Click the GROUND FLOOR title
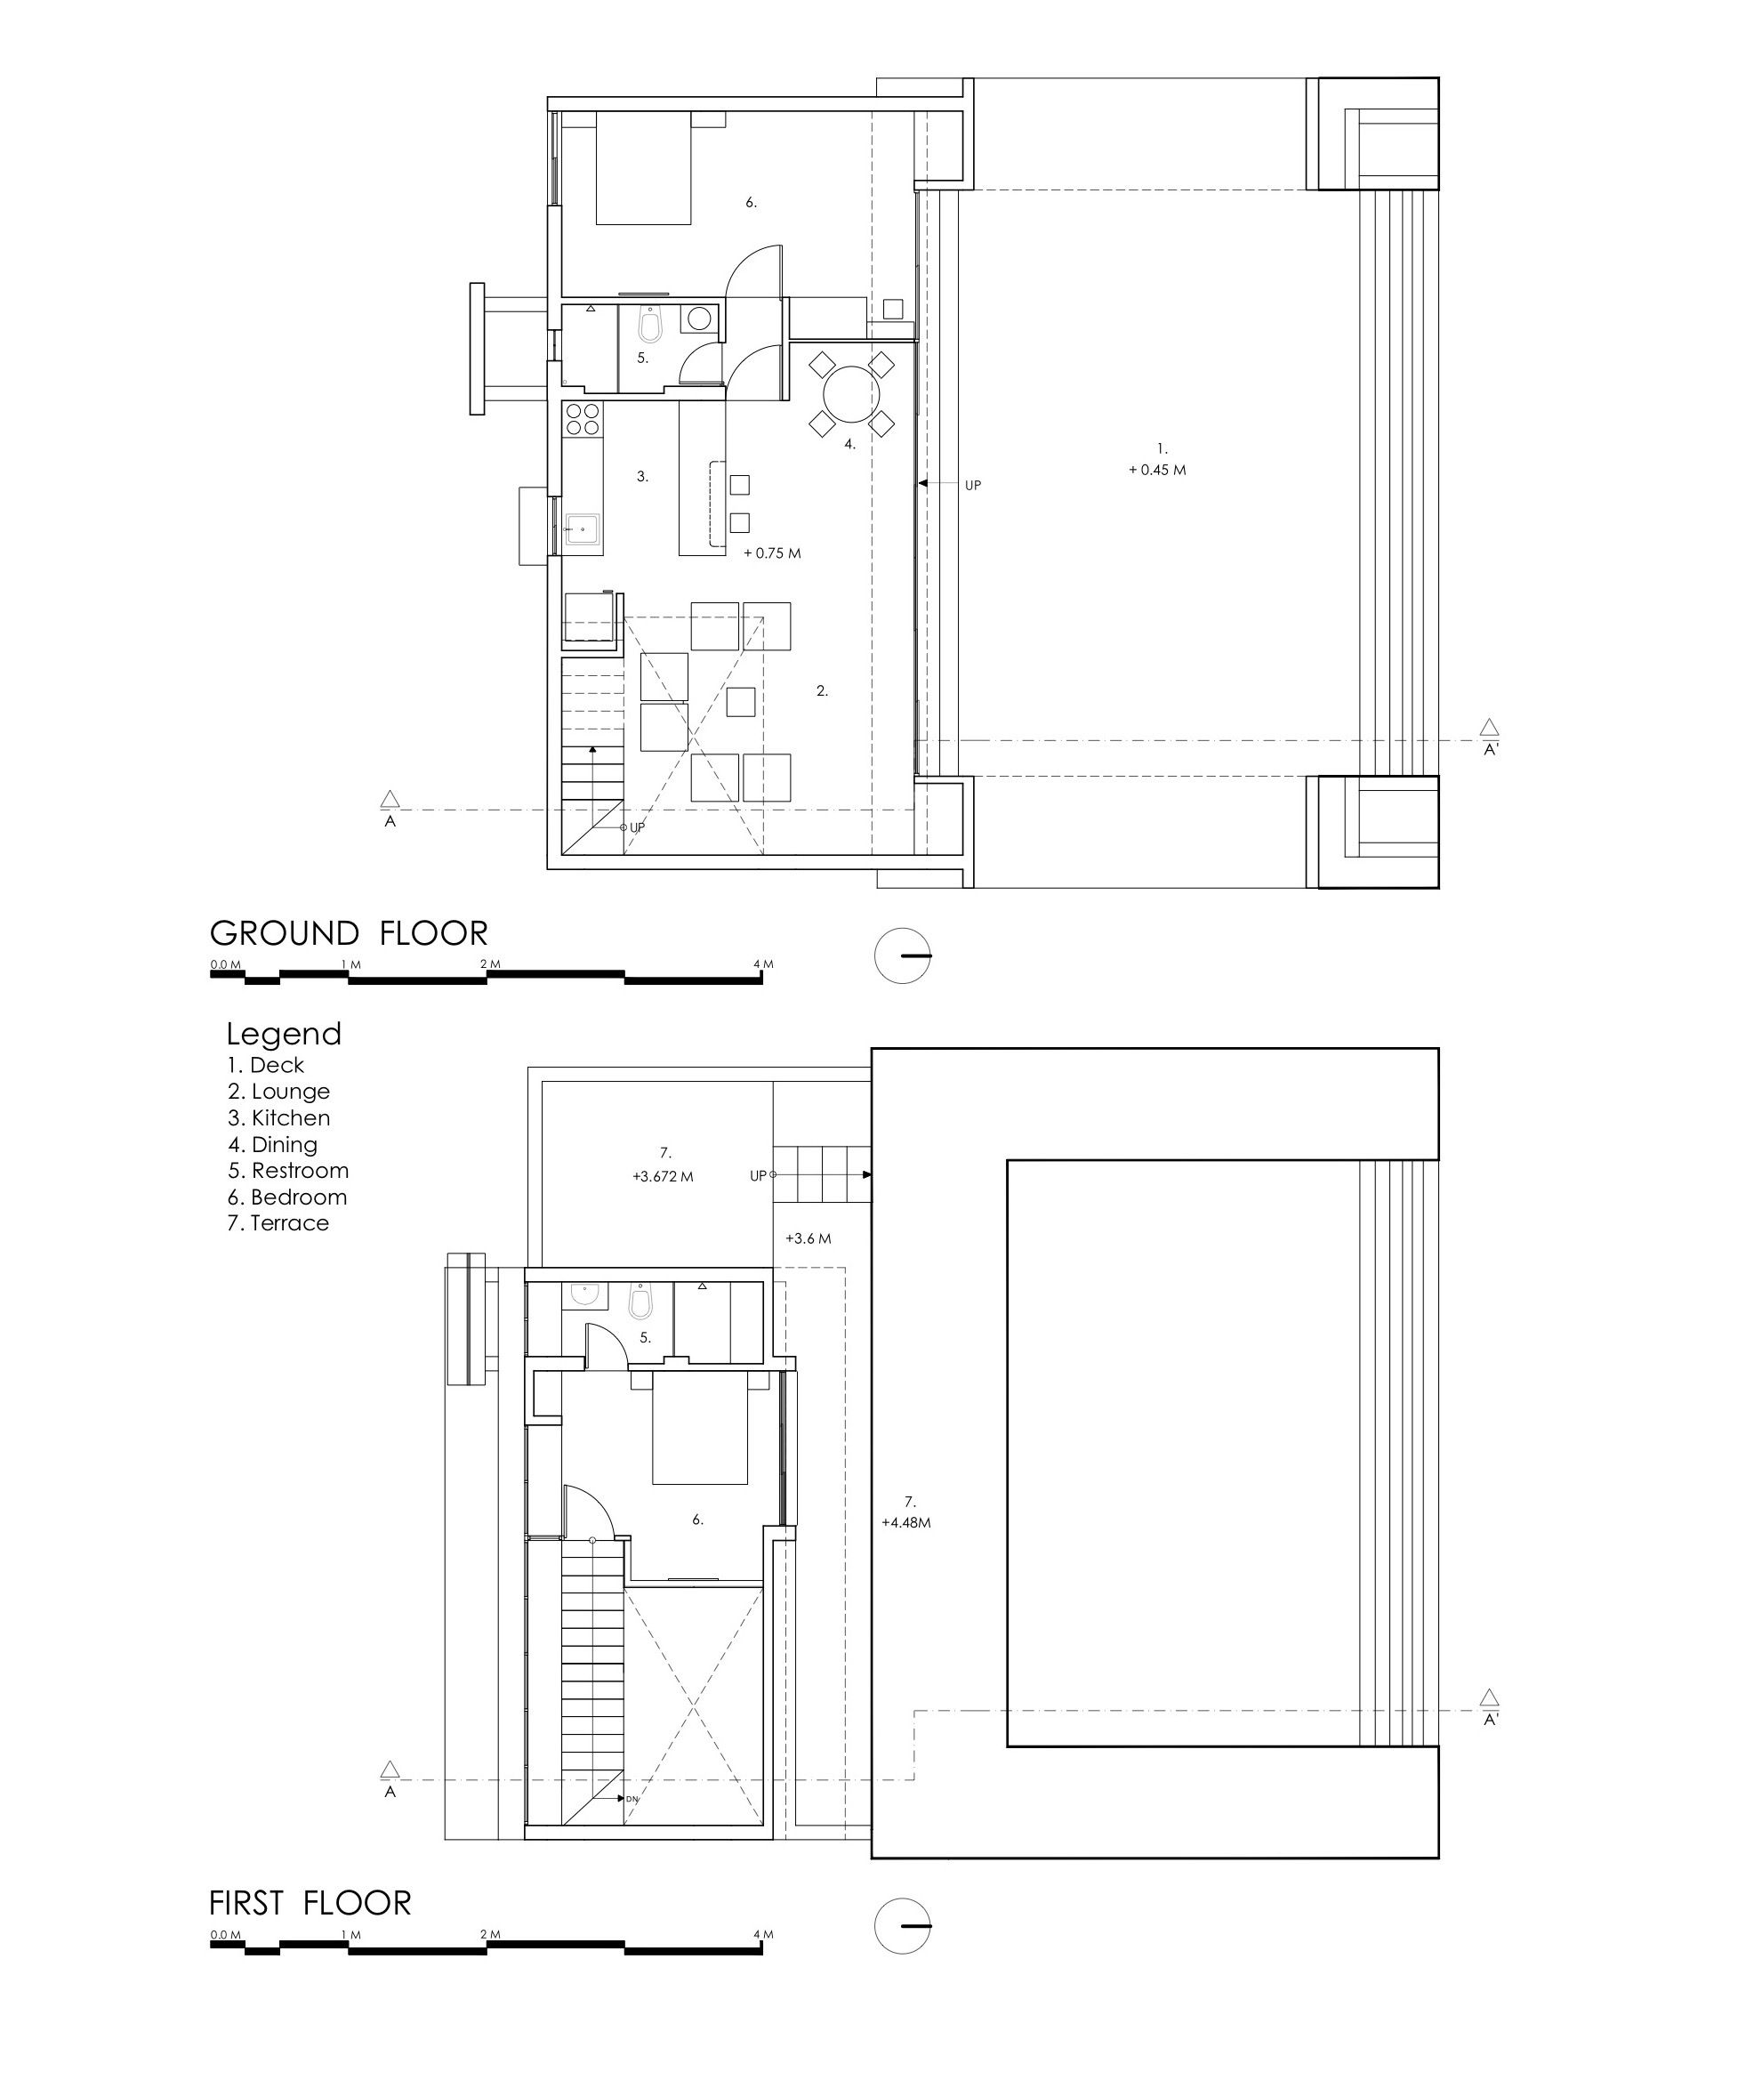pos(349,933)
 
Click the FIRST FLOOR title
pos(310,1903)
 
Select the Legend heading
pos(284,1034)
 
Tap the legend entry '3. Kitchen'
pos(278,1118)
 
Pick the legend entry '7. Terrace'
pos(278,1223)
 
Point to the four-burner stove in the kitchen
pos(583,419)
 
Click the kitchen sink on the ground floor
pos(583,528)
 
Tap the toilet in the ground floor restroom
pos(650,322)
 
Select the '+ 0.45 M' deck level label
pos(1158,470)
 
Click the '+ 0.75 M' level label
pos(772,552)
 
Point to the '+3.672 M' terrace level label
pos(663,1177)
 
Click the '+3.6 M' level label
pos(809,1238)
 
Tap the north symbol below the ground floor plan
pos(903,956)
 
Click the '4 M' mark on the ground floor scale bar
pos(763,964)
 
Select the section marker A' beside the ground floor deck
pos(1489,738)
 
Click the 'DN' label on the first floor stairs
pos(632,1799)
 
